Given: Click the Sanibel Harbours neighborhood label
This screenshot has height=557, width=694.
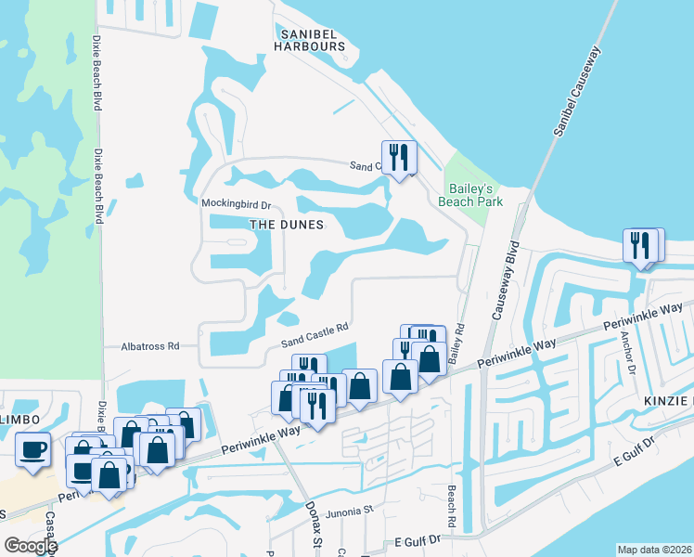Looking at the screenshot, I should [x=310, y=38].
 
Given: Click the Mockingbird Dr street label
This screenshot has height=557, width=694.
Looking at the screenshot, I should [x=236, y=203].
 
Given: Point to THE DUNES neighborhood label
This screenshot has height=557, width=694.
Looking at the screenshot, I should [x=287, y=225].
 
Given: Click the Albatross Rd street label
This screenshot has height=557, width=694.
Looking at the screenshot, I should [x=149, y=346].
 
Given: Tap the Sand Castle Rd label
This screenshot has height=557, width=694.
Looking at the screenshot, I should [x=315, y=335].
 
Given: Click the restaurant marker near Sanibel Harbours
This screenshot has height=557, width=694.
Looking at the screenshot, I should [x=399, y=157].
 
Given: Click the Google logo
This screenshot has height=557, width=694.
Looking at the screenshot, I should [x=30, y=546].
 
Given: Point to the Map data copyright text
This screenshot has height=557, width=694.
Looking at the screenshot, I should [x=655, y=550].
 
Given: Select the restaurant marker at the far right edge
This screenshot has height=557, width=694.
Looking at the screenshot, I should [x=640, y=245].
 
